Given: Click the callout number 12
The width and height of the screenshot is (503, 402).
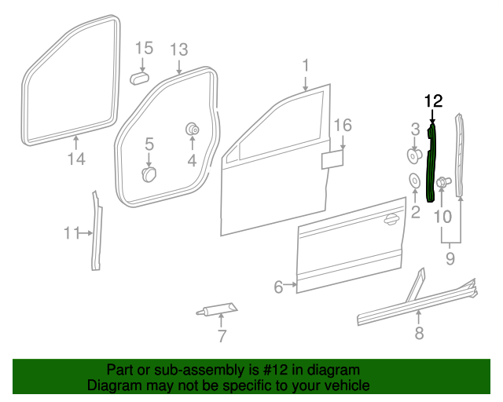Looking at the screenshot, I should [x=433, y=100].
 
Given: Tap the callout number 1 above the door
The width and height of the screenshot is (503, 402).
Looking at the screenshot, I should [x=307, y=65].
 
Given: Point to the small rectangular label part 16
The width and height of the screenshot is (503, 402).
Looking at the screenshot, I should [x=332, y=159].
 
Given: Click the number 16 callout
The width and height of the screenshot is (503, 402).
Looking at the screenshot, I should [x=342, y=126].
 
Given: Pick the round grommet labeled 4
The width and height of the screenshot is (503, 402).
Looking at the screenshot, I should [x=191, y=129].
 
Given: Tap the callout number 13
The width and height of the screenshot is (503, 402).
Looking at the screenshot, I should [x=178, y=50].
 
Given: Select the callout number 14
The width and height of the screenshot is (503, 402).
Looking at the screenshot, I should [x=75, y=160].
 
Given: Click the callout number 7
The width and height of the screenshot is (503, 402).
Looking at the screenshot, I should [x=222, y=337].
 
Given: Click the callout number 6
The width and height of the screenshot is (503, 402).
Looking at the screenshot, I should [x=278, y=287].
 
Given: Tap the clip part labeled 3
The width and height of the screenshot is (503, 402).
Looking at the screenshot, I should [x=413, y=154].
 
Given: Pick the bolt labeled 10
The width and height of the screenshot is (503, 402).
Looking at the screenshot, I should [x=442, y=184].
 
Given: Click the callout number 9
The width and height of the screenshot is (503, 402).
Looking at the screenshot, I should [x=450, y=257].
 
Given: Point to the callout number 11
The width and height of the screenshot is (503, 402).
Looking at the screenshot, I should [x=72, y=232].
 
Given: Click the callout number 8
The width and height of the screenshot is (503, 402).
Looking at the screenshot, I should [x=419, y=334].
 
